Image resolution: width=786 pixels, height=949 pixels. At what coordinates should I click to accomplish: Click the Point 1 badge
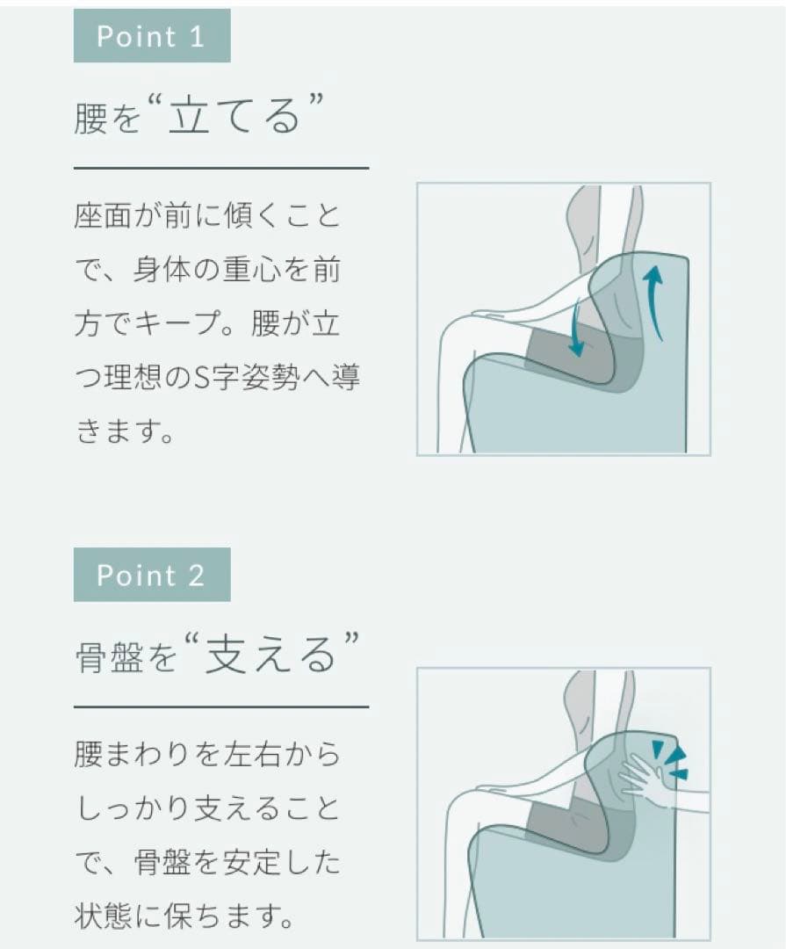click(x=152, y=36)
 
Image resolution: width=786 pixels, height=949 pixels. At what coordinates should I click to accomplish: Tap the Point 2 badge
click(x=152, y=575)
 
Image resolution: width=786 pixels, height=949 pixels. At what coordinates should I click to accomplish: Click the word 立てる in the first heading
click(x=234, y=115)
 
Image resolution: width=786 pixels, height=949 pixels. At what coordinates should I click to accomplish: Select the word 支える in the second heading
click(x=270, y=654)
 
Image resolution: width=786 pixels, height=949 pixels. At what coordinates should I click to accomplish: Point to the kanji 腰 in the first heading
click(x=90, y=116)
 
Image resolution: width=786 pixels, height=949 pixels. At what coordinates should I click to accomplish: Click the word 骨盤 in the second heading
click(x=109, y=656)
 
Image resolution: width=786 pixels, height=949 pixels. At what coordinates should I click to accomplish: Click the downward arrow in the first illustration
click(x=576, y=329)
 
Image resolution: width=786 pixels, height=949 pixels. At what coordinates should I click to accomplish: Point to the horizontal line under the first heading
click(x=221, y=168)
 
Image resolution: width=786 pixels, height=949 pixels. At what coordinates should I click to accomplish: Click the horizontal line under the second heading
click(x=221, y=706)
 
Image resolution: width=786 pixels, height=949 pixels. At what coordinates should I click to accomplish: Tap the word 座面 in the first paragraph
click(x=103, y=215)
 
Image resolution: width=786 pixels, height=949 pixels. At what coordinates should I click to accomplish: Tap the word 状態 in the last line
click(x=103, y=916)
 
